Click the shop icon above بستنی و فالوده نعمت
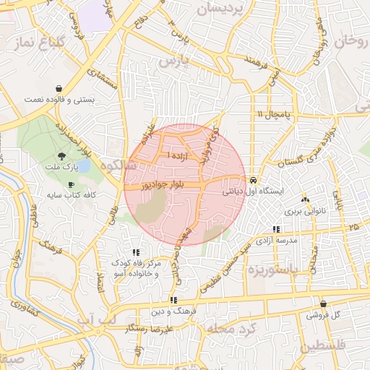point(55,86)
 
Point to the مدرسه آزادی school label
point(275,240)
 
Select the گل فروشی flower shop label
point(322,315)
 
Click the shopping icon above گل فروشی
point(322,304)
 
